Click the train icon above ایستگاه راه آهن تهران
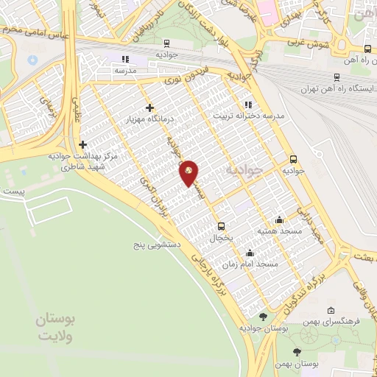337,77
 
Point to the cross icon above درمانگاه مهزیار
149,108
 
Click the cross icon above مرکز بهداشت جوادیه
83,145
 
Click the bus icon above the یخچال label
220,226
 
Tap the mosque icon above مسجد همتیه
279,219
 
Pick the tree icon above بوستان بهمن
297,352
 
